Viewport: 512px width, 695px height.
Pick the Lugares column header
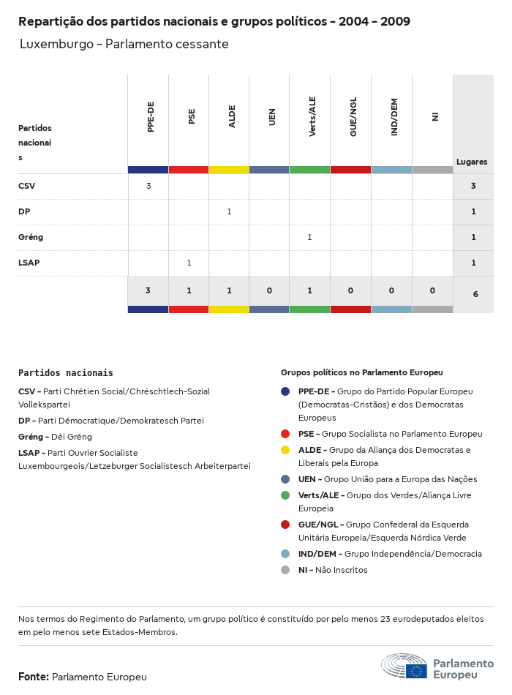[x=472, y=162]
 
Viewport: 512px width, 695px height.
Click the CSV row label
[x=27, y=186]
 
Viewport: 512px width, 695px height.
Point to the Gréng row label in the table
[x=31, y=237]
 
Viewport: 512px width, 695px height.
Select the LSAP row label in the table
[x=29, y=263]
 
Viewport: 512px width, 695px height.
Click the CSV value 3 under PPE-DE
[x=148, y=186]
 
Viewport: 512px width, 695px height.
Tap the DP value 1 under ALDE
[x=229, y=211]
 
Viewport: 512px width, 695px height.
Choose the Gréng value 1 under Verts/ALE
[x=309, y=237]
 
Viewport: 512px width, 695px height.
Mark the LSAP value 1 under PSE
[x=189, y=263]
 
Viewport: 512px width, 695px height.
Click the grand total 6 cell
[x=475, y=294]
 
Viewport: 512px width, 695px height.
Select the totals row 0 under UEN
[x=269, y=290]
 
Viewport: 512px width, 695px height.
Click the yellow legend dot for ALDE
[x=285, y=450]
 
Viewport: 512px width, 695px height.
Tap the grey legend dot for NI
[x=285, y=570]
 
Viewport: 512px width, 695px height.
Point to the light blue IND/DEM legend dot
[x=285, y=554]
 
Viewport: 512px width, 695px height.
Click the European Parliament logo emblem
[x=404, y=666]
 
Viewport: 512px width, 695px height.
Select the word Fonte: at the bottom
[x=34, y=677]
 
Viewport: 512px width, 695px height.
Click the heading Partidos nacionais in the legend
[x=66, y=372]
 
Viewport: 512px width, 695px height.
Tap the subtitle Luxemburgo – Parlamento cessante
[x=124, y=44]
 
